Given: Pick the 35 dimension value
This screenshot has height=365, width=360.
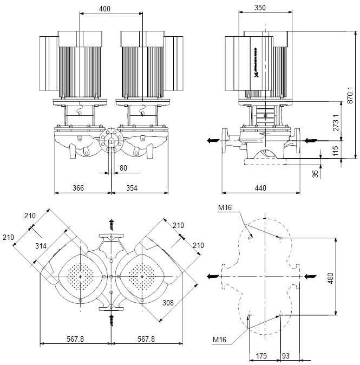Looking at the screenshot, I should pyautogui.click(x=316, y=174).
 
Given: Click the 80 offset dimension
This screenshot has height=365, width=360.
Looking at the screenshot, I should pyautogui.click(x=123, y=168).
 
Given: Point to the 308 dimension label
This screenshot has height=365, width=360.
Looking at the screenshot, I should pyautogui.click(x=168, y=304).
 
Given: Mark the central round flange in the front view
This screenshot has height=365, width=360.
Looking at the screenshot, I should pyautogui.click(x=111, y=140).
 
